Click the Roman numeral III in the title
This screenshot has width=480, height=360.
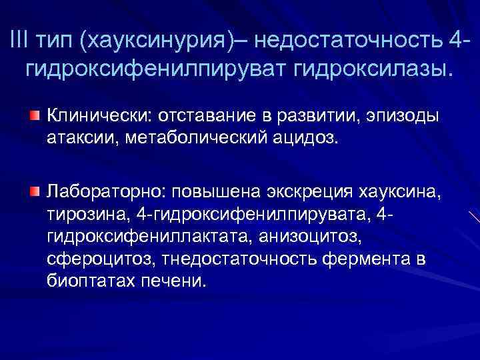(21, 41)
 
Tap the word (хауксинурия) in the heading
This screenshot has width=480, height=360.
(157, 41)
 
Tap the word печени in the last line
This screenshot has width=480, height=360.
(173, 280)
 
